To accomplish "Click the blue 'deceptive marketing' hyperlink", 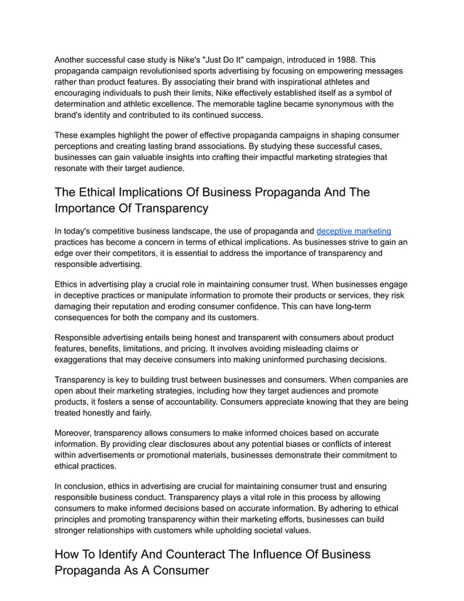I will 353,231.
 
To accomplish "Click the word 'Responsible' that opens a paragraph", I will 82,338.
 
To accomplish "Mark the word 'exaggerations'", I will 87,360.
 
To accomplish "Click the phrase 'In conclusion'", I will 86,485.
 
